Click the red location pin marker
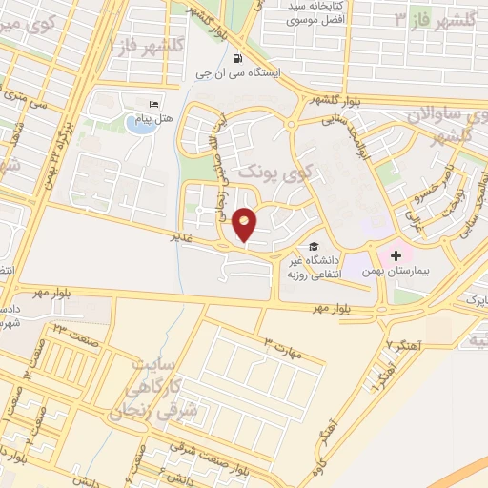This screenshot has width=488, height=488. click(x=245, y=224)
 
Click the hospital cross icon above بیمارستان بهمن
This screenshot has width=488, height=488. click(x=396, y=255)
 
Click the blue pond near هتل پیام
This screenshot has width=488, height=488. click(x=138, y=125)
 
